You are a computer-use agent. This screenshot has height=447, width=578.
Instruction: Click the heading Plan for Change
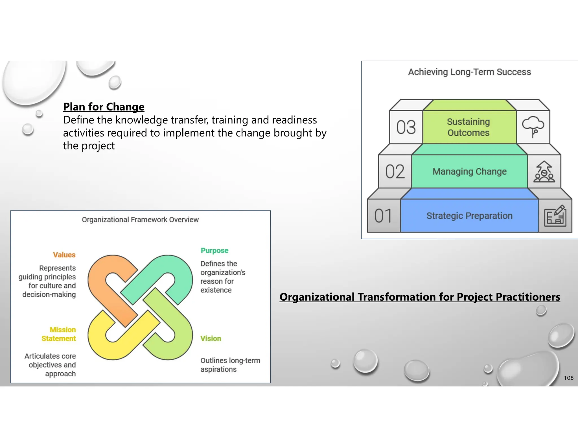tap(104, 107)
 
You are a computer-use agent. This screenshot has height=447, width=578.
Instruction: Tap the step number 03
tap(406, 127)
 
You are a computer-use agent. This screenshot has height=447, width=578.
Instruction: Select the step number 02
tap(395, 172)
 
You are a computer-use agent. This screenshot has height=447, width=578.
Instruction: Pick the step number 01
tap(383, 216)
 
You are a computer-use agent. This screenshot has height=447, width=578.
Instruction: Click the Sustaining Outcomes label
tap(468, 127)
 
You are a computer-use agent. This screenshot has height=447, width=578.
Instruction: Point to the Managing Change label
tap(469, 172)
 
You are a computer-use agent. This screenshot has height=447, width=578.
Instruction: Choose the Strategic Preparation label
tap(469, 216)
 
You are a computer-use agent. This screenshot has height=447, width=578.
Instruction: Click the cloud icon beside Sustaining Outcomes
tap(533, 127)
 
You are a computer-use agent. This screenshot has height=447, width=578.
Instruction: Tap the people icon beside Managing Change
tap(544, 172)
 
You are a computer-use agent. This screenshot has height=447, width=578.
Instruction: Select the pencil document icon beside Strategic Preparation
tap(555, 216)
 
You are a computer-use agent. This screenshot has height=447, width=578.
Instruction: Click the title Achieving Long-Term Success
tap(469, 72)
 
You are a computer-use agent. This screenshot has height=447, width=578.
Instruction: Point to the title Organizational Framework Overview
tap(140, 220)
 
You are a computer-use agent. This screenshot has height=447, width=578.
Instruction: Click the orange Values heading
tap(64, 255)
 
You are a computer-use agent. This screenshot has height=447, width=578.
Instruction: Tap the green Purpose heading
tap(214, 251)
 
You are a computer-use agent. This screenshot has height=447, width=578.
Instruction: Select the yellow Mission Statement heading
tap(59, 334)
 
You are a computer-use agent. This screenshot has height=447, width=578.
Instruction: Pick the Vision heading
tap(211, 338)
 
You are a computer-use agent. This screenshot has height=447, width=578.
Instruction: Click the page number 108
tap(568, 378)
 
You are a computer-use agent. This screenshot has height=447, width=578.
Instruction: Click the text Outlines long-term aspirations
tap(230, 365)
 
